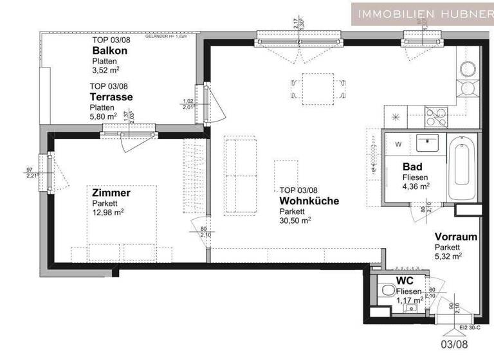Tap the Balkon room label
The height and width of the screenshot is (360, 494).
(109, 51)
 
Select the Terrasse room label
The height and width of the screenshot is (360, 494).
(111, 97)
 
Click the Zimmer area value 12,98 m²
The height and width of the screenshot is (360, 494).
(107, 212)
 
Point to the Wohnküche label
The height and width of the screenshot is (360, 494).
(309, 201)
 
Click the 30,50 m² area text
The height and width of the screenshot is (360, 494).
(295, 219)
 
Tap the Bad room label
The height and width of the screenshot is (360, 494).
(412, 166)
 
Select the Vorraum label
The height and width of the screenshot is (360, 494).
(455, 237)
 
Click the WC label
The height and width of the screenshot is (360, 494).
(405, 281)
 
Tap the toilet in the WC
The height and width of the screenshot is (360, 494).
(389, 291)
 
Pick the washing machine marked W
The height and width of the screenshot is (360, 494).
(398, 143)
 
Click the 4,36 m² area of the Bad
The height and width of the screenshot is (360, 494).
(416, 186)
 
